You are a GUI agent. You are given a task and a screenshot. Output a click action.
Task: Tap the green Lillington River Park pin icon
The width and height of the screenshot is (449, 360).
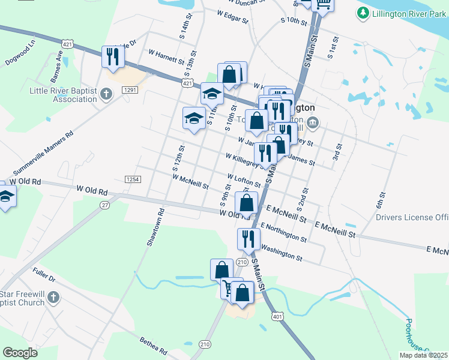point(363,13)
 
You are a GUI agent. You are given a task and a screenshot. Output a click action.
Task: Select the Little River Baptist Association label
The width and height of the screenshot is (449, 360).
point(63,95)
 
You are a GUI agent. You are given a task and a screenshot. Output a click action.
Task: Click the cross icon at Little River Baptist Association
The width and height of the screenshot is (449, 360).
point(106,94)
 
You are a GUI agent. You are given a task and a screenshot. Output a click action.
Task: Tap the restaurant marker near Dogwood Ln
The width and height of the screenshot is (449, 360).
point(113,57)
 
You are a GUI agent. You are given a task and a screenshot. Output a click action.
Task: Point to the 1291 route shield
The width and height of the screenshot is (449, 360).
point(131,89)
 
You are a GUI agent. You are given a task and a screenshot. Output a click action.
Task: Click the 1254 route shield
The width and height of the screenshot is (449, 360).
point(133,179)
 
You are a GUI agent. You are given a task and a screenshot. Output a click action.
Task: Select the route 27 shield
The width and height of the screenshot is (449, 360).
point(106,205)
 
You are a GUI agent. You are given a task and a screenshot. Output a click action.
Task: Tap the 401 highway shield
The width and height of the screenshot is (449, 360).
point(277,316)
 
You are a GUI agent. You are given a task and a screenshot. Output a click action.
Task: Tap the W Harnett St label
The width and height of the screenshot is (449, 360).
point(169,59)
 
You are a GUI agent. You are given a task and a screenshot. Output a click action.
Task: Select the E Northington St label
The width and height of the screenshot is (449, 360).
point(283,232)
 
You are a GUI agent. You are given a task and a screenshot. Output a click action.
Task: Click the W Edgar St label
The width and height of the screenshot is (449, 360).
point(232,16)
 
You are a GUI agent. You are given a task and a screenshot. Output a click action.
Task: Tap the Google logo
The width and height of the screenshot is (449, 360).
point(20,352)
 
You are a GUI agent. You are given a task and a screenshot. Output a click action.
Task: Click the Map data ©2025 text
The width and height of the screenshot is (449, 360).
point(424,355)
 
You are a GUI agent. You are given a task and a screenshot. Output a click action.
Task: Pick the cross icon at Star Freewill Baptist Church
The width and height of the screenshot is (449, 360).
point(53,298)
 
